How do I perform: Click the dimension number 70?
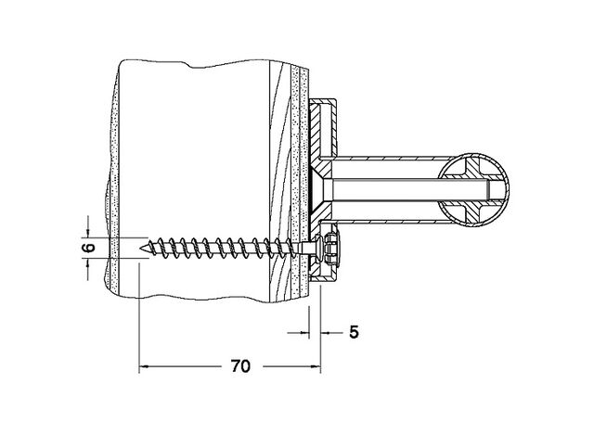coord(240,366)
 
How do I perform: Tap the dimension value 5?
coord(354,332)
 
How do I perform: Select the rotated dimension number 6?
coord(88,248)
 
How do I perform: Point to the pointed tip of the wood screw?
coord(141,248)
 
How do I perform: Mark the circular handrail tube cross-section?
coord(474,189)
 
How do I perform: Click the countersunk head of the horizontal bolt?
coord(320,189)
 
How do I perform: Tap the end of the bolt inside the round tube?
coord(488,189)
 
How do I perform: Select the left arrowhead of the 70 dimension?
coord(143,366)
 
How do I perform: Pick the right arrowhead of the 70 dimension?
coord(316,366)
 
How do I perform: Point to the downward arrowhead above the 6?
coord(88,233)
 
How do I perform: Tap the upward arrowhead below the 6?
coord(88,262)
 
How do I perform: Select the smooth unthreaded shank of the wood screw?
coord(307,248)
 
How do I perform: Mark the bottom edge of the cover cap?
coord(323,279)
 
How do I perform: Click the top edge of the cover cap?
coord(323,100)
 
